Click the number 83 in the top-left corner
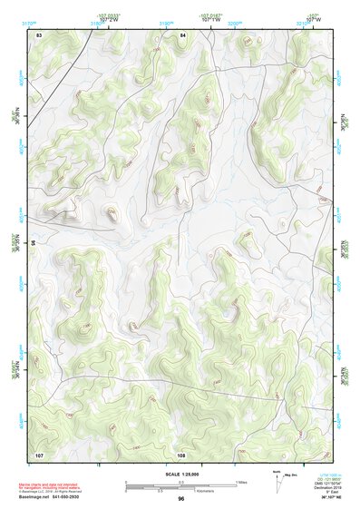tap(39, 34)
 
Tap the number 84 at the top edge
tap(182, 34)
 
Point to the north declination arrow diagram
tap(278, 478)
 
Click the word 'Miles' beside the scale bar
tap(240, 482)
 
